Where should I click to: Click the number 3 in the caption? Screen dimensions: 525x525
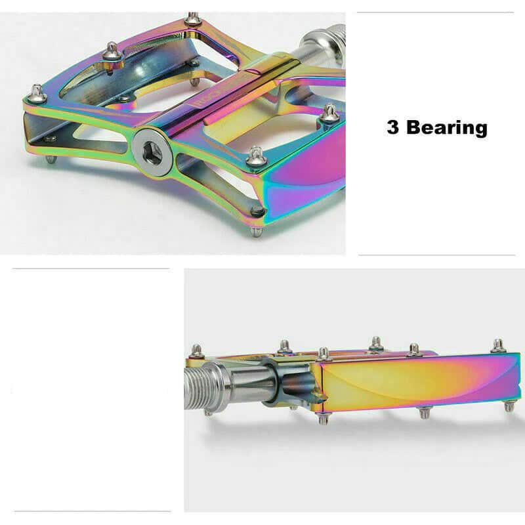pyautogui.click(x=393, y=127)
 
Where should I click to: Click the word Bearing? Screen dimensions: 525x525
pyautogui.click(x=447, y=128)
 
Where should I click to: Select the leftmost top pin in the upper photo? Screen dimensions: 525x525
pyautogui.click(x=37, y=94)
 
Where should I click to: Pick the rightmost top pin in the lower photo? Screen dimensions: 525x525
pyautogui.click(x=499, y=346)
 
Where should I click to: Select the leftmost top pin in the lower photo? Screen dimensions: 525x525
pyautogui.click(x=196, y=351)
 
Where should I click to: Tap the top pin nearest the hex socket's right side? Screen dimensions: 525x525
pyautogui.click(x=255, y=156)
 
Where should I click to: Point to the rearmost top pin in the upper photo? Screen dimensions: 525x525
pyautogui.click(x=192, y=19)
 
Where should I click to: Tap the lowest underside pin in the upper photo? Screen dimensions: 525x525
pyautogui.click(x=257, y=231)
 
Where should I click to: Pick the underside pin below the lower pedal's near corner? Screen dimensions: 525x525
pyautogui.click(x=322, y=418)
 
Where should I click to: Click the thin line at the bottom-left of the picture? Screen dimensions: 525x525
pyautogui.click(x=92, y=511)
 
